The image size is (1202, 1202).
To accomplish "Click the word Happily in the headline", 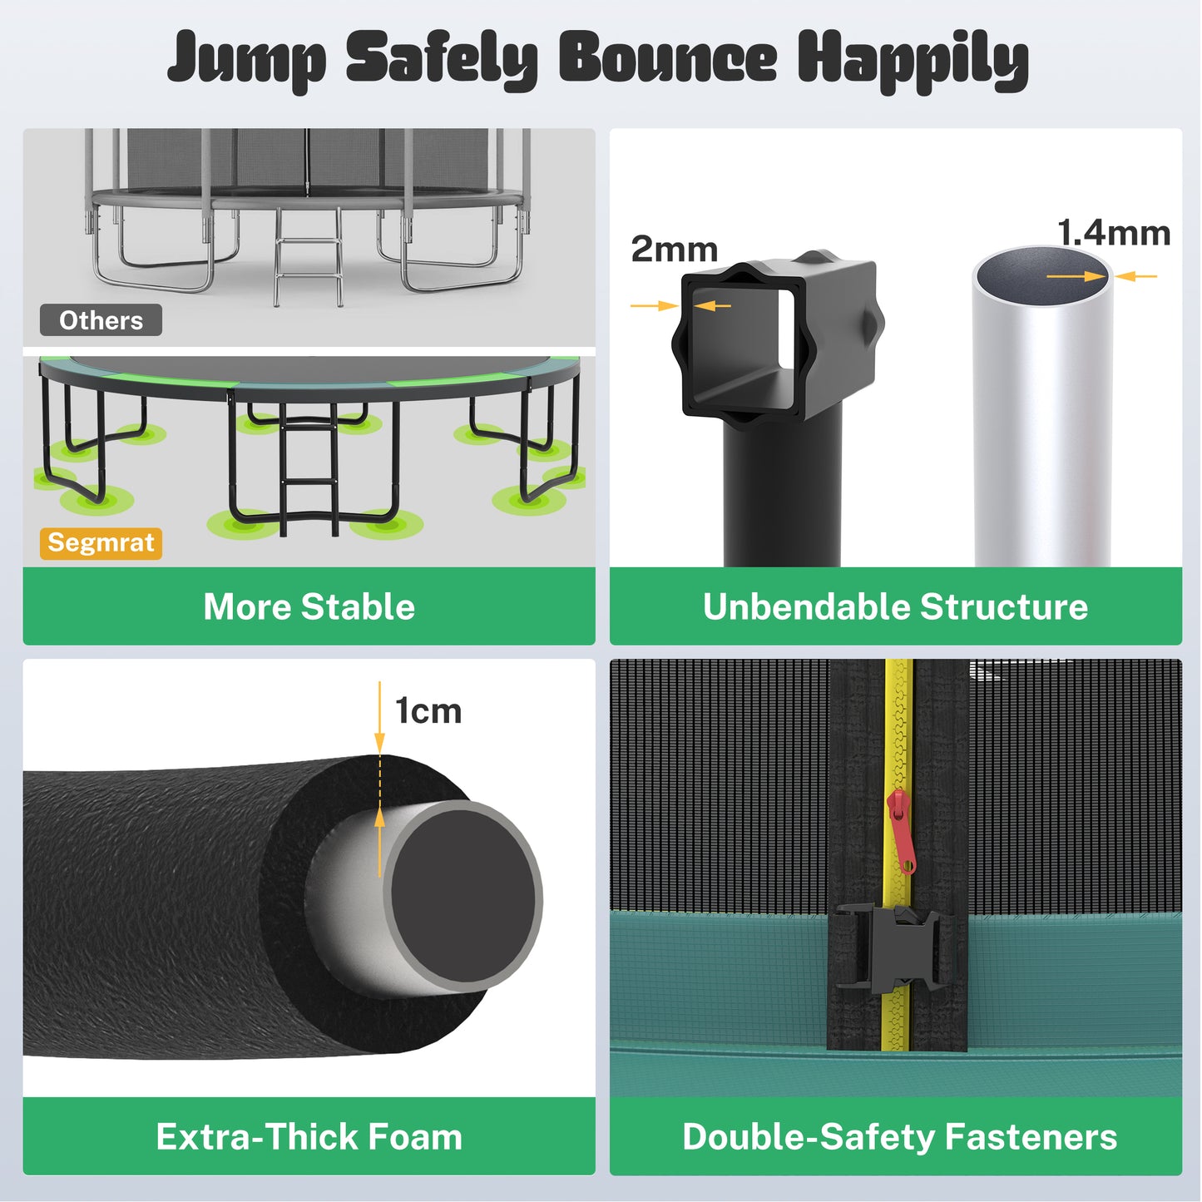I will [x=913, y=60].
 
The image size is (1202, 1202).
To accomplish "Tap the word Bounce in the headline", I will [x=667, y=58].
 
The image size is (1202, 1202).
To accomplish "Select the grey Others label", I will [x=101, y=320].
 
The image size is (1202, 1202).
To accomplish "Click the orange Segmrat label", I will [x=101, y=543].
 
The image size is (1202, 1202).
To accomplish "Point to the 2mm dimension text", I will [x=674, y=250].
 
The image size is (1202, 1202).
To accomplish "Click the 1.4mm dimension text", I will [x=1113, y=233].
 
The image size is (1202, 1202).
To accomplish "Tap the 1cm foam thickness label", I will [x=428, y=711].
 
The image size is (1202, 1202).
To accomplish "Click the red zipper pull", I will [x=902, y=829].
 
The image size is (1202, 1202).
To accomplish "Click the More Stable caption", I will [x=309, y=606].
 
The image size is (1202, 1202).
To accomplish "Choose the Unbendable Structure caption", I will [x=895, y=606].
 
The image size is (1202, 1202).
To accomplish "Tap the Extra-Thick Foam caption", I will [x=309, y=1136].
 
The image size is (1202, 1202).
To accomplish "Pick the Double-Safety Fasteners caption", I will [x=899, y=1136].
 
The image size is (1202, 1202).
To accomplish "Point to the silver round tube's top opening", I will [x=1041, y=275].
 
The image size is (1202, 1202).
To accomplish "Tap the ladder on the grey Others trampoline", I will [x=308, y=254].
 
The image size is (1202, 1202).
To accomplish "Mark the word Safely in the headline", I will [x=441, y=60].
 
